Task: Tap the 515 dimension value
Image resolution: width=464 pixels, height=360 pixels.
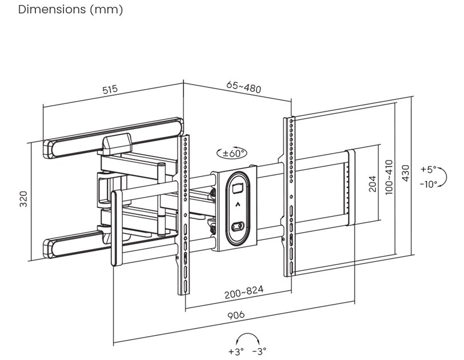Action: click(110, 90)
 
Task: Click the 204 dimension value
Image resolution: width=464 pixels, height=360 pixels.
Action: click(372, 184)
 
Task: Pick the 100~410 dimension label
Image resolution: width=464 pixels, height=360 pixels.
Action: click(389, 178)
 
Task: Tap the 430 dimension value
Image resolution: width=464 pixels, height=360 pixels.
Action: click(406, 173)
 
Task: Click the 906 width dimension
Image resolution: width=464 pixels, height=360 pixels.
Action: click(235, 315)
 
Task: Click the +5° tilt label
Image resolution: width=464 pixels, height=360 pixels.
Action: click(427, 170)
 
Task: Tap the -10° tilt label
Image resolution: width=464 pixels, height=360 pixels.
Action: click(428, 184)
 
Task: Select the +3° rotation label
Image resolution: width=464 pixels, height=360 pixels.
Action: click(236, 351)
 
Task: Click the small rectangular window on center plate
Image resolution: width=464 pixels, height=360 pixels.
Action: click(238, 186)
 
